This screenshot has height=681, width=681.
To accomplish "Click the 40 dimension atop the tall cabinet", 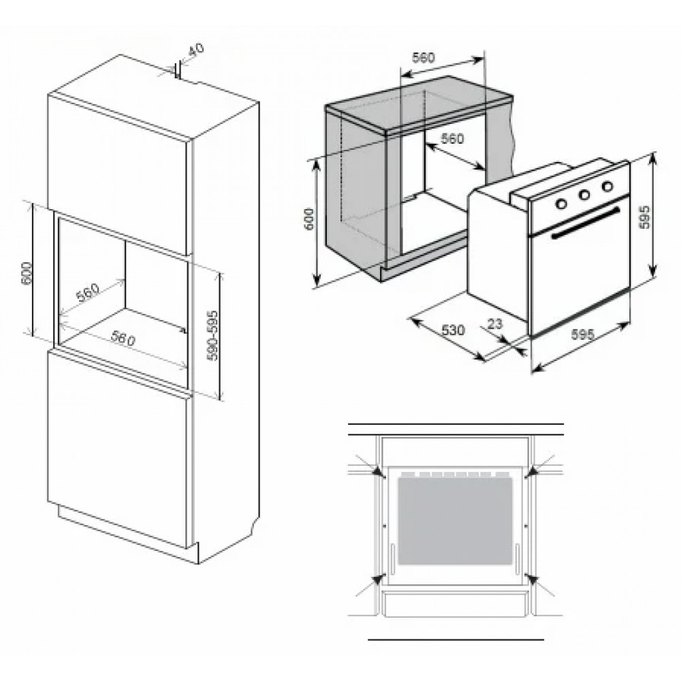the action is pos(197,49).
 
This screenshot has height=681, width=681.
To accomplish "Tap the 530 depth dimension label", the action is pos(453,330).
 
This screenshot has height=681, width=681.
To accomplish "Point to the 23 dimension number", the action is pos(494,323).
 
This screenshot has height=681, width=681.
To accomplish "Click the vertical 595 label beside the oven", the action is pos(645,217).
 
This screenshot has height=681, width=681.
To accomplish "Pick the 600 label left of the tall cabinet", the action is pos(27,273).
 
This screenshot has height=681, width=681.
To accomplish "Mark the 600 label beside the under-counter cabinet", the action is pos(308,219).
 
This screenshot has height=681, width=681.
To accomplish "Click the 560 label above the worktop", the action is pos(423,57).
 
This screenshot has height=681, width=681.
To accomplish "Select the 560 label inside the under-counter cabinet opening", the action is pos(453,138).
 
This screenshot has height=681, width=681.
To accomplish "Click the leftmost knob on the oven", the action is pos(562,203).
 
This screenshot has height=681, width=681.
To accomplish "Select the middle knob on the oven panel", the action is pos(584,195).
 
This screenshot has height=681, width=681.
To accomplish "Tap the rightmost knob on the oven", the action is pos(607,187).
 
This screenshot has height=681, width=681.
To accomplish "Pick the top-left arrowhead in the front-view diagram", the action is pos(381,473).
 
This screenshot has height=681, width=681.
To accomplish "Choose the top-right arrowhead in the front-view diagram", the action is pos(530,473).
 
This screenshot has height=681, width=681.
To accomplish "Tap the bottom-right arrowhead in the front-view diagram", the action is pos(531,578).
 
